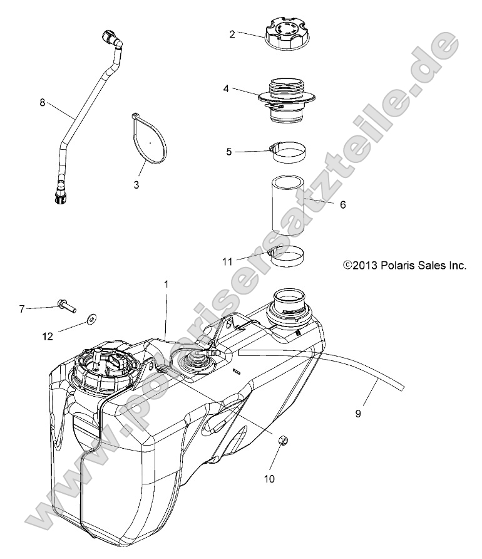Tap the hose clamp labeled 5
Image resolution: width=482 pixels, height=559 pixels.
click(x=285, y=152)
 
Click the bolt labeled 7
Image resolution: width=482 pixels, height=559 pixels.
click(x=64, y=305)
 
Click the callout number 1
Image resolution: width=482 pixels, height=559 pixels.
click(x=166, y=285)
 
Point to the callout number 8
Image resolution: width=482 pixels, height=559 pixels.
click(x=42, y=103)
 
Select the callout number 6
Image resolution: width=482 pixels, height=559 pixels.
click(x=342, y=205)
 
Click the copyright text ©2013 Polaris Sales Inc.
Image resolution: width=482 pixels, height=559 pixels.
click(x=404, y=266)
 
